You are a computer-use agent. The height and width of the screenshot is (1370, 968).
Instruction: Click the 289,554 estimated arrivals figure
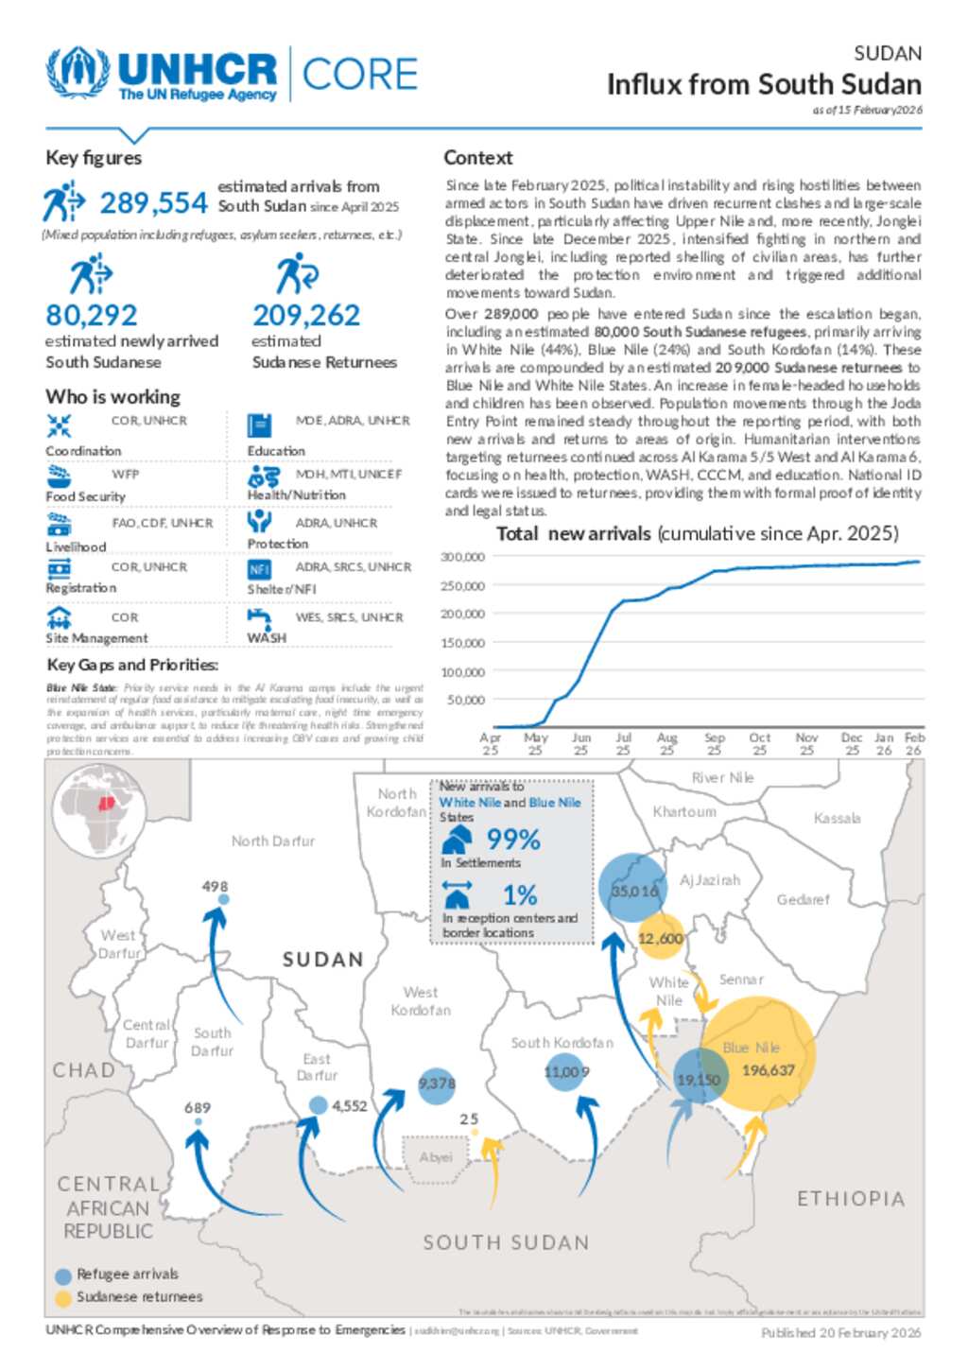153,203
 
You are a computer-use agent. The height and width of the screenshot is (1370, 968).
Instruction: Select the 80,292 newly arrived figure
92,315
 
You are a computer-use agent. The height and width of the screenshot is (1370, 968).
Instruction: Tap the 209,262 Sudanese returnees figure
306,315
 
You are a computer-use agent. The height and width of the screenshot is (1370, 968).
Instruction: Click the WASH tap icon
259,618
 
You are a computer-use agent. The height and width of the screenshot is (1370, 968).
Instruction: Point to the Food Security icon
59,475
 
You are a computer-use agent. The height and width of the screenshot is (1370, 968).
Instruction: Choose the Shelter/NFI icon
259,569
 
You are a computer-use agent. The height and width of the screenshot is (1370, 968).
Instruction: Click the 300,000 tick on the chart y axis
463,557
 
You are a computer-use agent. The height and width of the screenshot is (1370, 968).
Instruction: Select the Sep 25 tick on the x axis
715,743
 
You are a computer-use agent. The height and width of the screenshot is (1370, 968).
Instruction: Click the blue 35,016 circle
633,889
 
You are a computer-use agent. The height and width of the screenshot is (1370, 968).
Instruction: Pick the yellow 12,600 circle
661,937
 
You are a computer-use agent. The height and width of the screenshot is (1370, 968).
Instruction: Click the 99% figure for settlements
513,840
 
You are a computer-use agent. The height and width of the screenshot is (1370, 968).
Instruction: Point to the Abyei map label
436,1157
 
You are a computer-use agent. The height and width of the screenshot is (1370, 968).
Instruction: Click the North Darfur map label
273,841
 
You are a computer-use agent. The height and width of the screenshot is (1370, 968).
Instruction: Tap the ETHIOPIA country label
851,1199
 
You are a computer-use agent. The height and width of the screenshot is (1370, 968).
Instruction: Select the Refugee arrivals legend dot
63,1275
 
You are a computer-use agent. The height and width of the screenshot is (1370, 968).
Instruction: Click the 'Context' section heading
478,158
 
